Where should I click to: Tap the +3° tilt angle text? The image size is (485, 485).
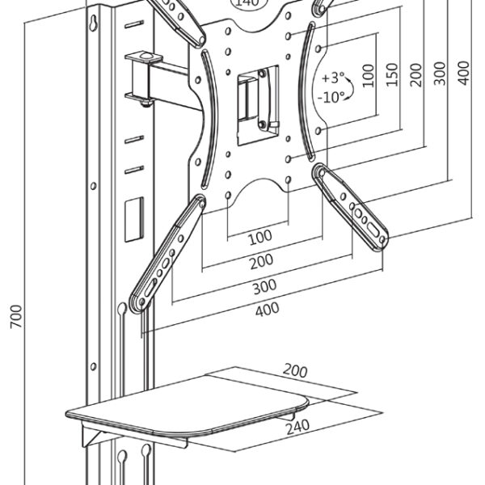click(x=331, y=78)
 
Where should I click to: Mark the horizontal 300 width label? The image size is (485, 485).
click(x=264, y=285)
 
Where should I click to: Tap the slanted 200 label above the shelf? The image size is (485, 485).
click(x=295, y=370)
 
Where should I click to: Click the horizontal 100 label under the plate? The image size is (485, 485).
click(x=259, y=238)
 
